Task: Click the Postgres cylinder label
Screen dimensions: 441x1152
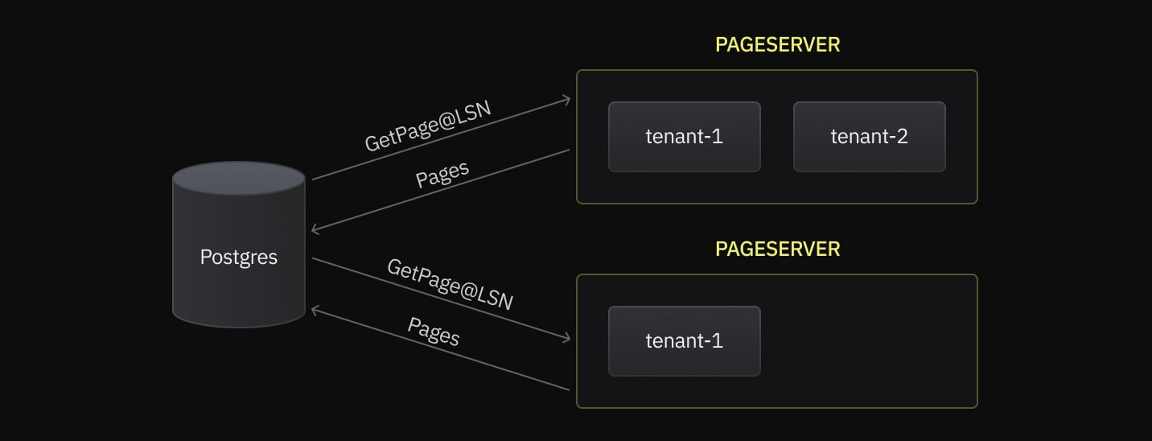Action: point(238,258)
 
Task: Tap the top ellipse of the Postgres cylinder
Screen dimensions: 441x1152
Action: point(238,178)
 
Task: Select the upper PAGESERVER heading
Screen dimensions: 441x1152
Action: point(777,45)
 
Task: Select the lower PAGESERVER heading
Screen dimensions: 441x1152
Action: point(777,249)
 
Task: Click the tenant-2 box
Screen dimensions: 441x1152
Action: point(869,137)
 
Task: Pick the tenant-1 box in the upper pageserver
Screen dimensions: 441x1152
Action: point(684,137)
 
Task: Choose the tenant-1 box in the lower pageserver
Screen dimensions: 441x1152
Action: point(684,341)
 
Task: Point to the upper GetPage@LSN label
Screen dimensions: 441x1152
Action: point(427,127)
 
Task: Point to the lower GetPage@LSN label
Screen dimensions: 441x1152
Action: point(450,284)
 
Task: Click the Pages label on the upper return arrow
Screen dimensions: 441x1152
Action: point(442,175)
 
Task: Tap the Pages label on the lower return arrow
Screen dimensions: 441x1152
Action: point(434,332)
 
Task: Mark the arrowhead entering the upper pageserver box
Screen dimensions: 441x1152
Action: point(568,100)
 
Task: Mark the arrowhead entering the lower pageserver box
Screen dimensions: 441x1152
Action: point(568,340)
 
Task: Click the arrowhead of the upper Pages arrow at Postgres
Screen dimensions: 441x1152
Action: point(315,231)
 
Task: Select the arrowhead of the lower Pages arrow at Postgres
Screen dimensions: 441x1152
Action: point(315,308)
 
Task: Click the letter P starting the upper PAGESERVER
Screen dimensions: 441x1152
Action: point(721,45)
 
